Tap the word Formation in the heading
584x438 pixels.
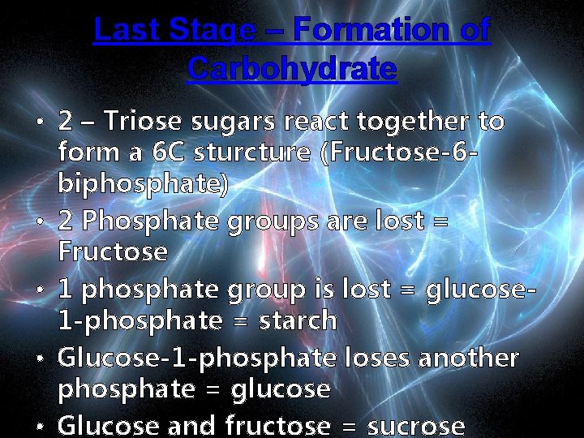click(371, 30)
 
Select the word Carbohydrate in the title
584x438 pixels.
click(292, 68)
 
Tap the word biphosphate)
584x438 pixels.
click(144, 186)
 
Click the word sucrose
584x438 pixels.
click(417, 426)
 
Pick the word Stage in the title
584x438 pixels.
click(211, 31)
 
